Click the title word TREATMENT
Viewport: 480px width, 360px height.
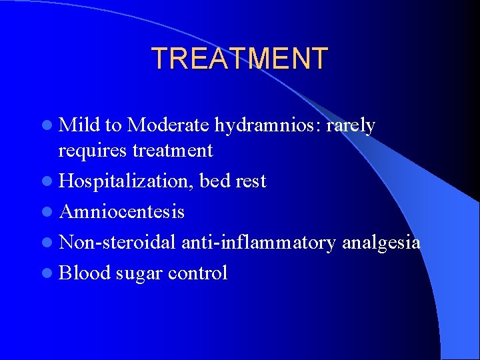pyautogui.click(x=240, y=59)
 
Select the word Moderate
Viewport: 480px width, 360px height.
pyautogui.click(x=169, y=125)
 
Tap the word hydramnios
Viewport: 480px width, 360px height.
pyautogui.click(x=267, y=125)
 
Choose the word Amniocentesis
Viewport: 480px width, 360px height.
pyautogui.click(x=122, y=211)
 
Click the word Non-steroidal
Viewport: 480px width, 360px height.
pyautogui.click(x=117, y=242)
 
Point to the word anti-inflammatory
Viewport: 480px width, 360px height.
pyautogui.click(x=259, y=242)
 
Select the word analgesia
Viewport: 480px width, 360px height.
pyautogui.click(x=381, y=243)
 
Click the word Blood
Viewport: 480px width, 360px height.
pyautogui.click(x=84, y=273)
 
